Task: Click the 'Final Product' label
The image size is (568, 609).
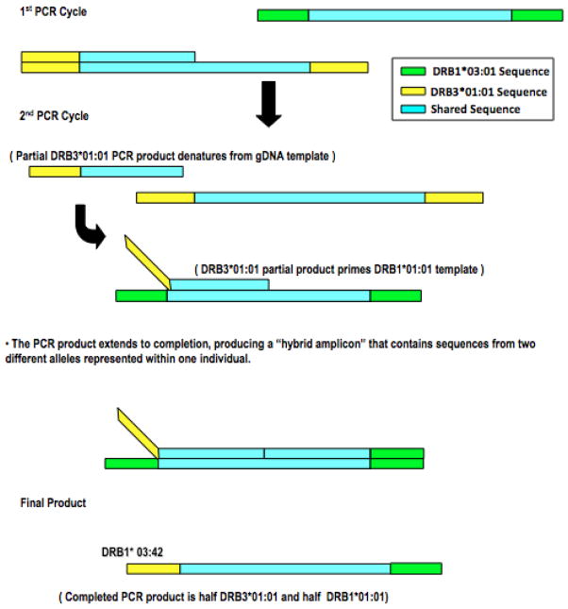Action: pos(53,503)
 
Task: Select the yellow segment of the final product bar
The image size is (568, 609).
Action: pos(154,569)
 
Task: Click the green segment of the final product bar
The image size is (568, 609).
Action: pos(415,569)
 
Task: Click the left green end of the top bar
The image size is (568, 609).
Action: pos(283,16)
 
